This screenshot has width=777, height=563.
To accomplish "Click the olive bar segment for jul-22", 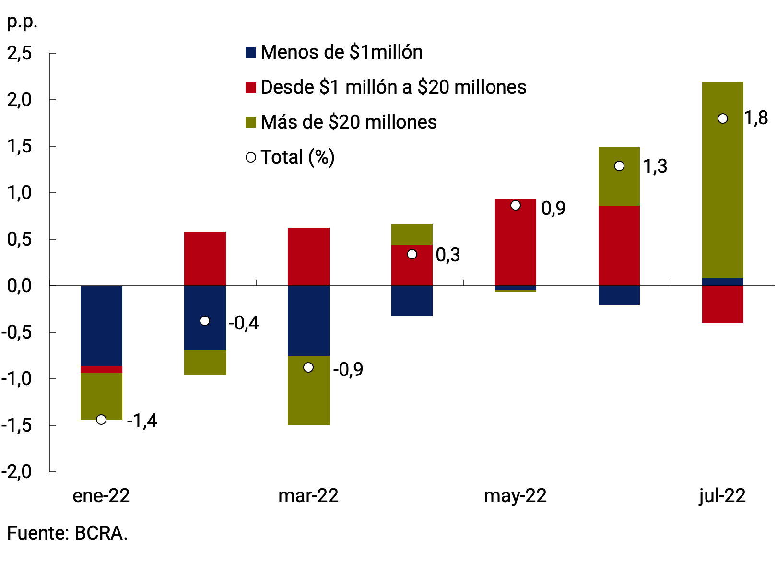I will click(722, 192).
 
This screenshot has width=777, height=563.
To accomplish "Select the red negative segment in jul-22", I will click(722, 304).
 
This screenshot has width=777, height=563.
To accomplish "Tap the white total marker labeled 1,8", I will click(722, 118).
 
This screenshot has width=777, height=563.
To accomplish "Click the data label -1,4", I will click(142, 421).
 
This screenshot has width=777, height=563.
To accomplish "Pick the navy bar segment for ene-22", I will click(101, 326).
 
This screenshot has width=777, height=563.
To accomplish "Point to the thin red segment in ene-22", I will click(101, 369).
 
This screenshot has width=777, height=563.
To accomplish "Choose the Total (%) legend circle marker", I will click(251, 157).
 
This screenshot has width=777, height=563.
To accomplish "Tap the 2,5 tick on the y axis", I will click(20, 53).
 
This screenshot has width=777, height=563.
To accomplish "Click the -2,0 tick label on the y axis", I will click(17, 472).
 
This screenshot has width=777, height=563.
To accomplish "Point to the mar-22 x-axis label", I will click(308, 496).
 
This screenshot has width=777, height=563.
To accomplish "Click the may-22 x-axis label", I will click(515, 496).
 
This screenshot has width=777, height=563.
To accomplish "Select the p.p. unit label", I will click(22, 22).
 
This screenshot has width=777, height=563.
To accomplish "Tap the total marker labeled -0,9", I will click(308, 367).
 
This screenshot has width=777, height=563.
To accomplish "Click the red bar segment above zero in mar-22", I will click(308, 257).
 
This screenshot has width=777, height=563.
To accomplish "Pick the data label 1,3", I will click(655, 166).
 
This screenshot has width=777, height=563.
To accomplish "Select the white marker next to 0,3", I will click(412, 254).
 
